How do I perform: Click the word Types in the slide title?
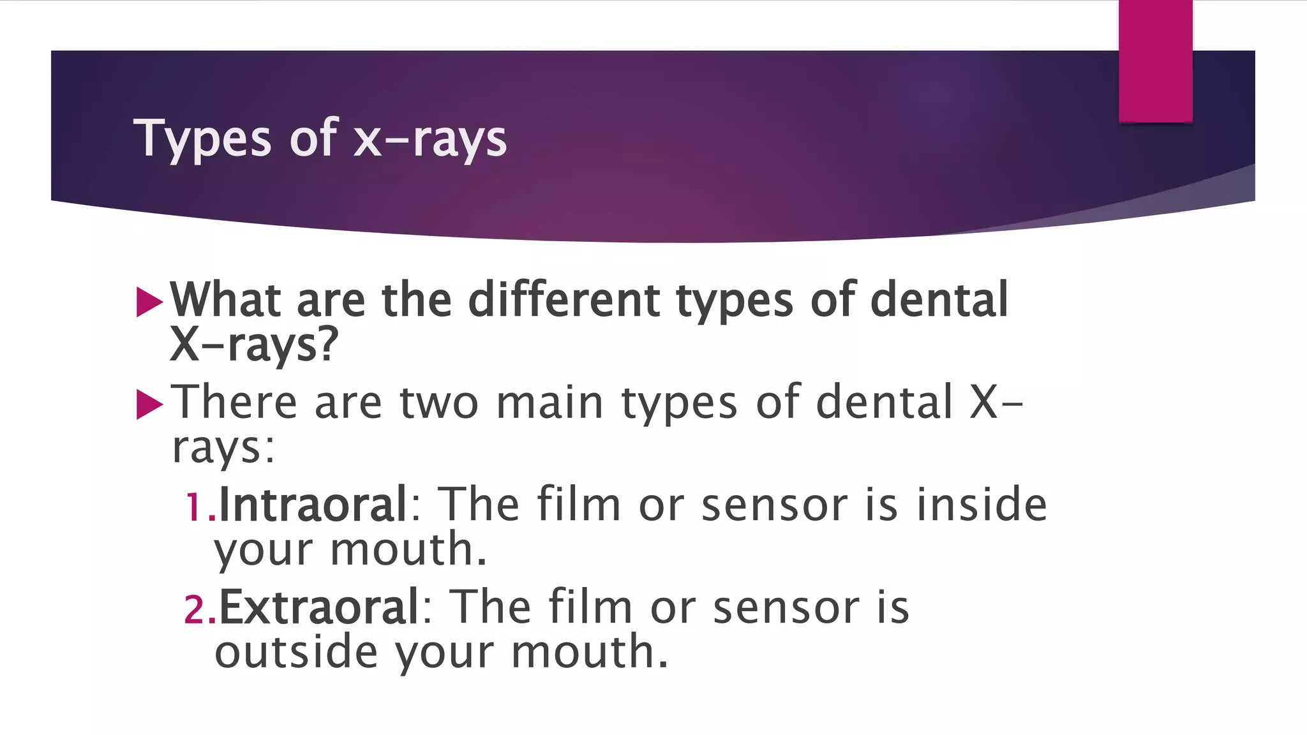[x=202, y=138]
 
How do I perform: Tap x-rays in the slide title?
[x=430, y=138]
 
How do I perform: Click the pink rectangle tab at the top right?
[x=1155, y=61]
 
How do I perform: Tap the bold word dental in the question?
[x=939, y=299]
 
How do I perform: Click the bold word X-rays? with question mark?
[x=253, y=345]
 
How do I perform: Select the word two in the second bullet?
[x=439, y=403]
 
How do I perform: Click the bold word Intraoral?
[x=313, y=505]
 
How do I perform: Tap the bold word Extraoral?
[x=318, y=607]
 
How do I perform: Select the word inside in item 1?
[x=982, y=505]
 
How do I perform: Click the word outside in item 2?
[x=296, y=652]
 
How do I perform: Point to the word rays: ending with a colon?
[x=223, y=448]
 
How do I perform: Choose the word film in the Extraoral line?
[x=590, y=607]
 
